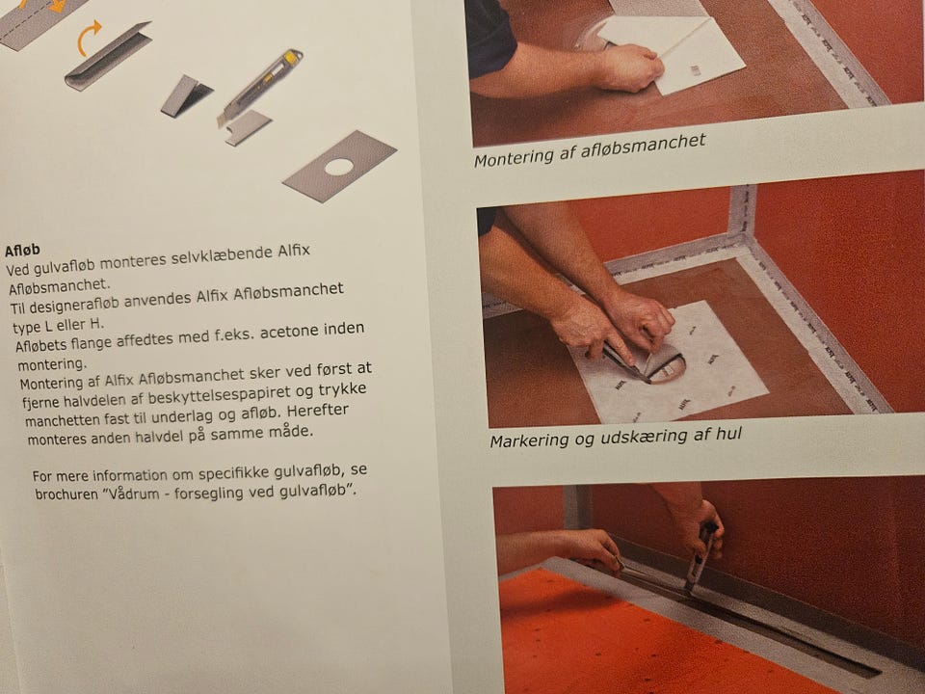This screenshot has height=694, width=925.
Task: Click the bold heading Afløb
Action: click(22, 251)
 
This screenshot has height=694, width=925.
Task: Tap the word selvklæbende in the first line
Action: click(222, 256)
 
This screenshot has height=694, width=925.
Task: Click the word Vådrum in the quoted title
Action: click(132, 493)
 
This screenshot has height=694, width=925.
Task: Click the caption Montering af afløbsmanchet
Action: click(590, 150)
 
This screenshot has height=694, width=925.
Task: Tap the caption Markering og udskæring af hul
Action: click(616, 439)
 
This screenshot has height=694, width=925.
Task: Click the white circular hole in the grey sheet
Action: click(338, 167)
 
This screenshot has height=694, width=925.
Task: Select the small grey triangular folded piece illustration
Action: click(185, 96)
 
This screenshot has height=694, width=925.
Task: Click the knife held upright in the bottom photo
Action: click(700, 557)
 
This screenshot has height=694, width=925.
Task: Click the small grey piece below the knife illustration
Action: click(248, 127)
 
